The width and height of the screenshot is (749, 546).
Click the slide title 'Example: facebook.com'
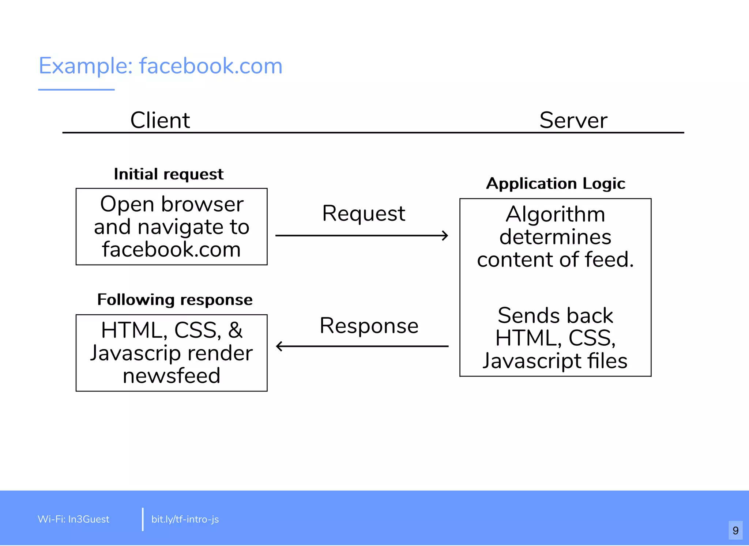[161, 66]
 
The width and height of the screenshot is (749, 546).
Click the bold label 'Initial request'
[169, 174]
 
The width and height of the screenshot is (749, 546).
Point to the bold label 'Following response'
[175, 300]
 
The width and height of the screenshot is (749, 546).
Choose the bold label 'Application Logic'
[556, 183]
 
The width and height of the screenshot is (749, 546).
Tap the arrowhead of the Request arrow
[445, 235]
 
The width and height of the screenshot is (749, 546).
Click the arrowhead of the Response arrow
[279, 346]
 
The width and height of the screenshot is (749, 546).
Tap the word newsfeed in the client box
[172, 376]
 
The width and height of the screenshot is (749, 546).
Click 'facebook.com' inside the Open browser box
[172, 249]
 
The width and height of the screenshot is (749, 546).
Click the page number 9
[735, 530]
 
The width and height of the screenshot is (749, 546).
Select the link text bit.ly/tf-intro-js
[185, 519]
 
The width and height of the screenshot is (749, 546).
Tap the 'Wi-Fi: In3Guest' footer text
[74, 519]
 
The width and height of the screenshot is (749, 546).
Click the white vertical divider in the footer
[143, 519]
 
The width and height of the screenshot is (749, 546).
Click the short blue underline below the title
[76, 90]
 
